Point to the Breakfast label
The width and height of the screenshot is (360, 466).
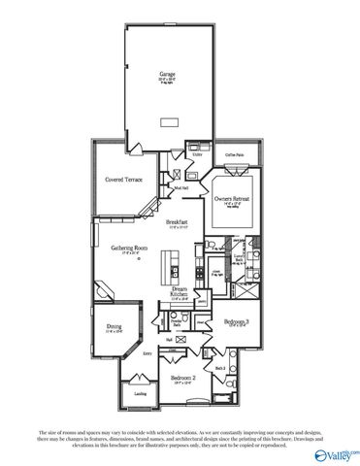point(177,224)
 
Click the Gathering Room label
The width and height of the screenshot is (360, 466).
point(128,249)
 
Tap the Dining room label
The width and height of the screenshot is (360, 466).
point(115,329)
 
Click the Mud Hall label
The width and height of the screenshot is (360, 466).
point(180,187)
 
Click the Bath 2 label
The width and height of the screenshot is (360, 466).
point(221,368)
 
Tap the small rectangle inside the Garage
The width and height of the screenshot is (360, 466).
point(170,121)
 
